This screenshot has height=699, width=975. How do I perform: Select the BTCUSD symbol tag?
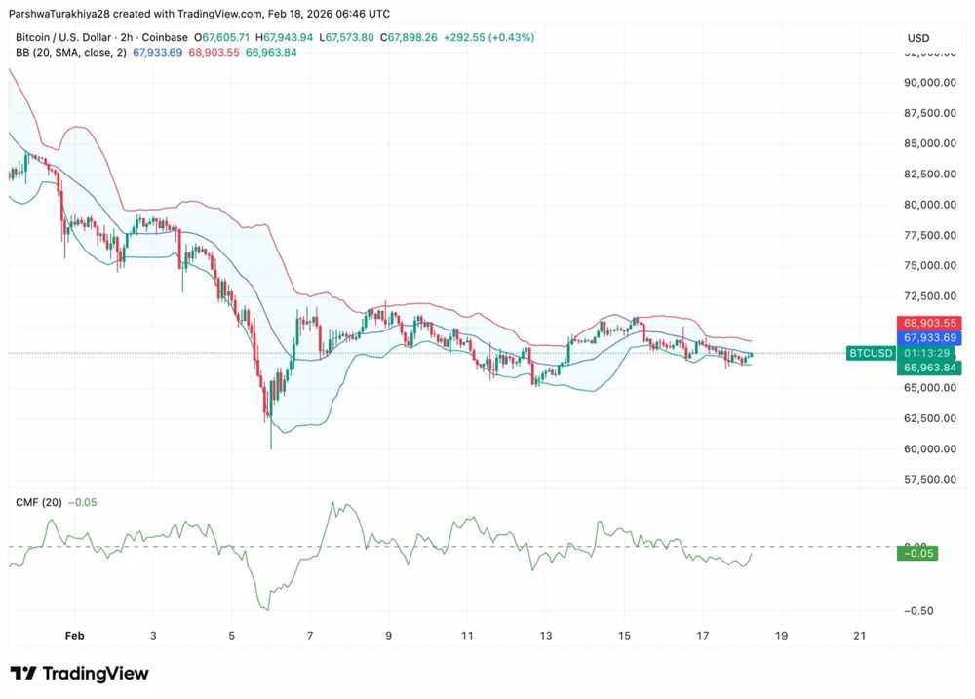tap(870, 353)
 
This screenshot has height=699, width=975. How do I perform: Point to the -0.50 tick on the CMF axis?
tap(920, 611)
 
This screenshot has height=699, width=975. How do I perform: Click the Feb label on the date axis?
tap(75, 636)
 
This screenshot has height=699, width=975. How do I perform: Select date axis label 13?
tap(546, 636)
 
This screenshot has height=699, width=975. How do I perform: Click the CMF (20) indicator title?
tap(39, 503)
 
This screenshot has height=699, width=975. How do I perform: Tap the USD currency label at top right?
tap(918, 38)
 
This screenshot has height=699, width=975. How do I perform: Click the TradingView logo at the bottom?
tap(80, 674)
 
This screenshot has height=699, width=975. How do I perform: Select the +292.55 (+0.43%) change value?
tap(488, 37)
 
